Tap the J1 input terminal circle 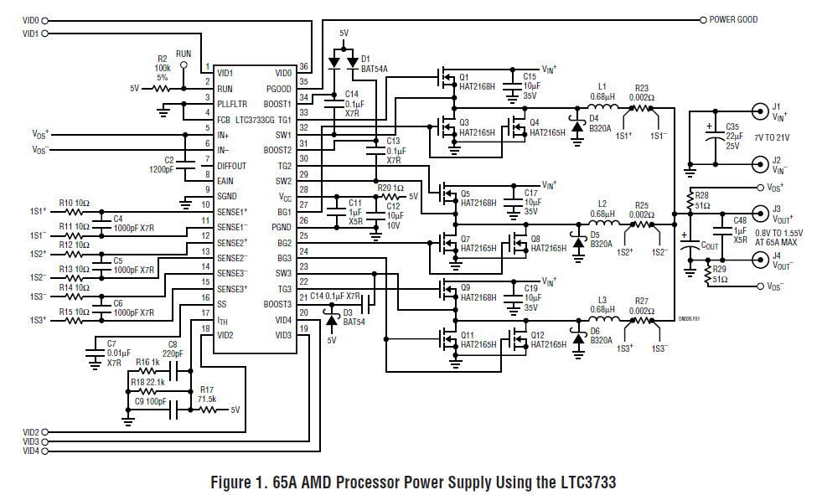[x=759, y=111]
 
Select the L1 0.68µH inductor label [x=602, y=91]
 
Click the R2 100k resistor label [x=162, y=68]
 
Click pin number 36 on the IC [x=303, y=66]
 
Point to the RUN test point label [x=184, y=54]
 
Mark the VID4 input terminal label [x=31, y=451]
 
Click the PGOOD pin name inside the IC [x=279, y=89]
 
